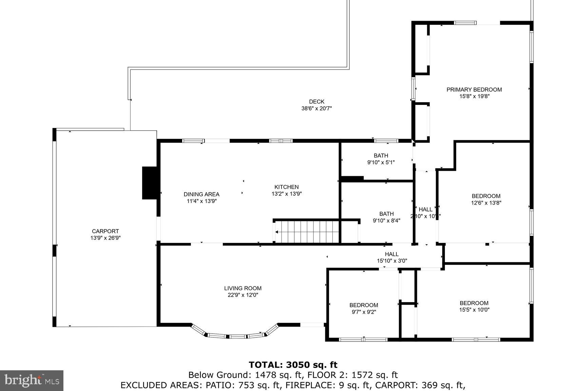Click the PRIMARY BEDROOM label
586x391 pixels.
click(x=474, y=90)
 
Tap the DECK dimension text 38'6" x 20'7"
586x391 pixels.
click(x=316, y=109)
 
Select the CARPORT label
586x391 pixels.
click(x=105, y=231)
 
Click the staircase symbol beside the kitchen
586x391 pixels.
click(x=307, y=232)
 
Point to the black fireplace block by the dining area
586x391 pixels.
click(x=149, y=183)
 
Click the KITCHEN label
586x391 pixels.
click(x=287, y=187)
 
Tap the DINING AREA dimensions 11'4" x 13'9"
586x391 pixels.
click(x=201, y=201)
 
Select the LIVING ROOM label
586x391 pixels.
click(x=243, y=288)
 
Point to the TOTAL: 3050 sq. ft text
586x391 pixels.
click(x=293, y=365)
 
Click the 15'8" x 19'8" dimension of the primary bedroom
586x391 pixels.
click(x=474, y=96)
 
